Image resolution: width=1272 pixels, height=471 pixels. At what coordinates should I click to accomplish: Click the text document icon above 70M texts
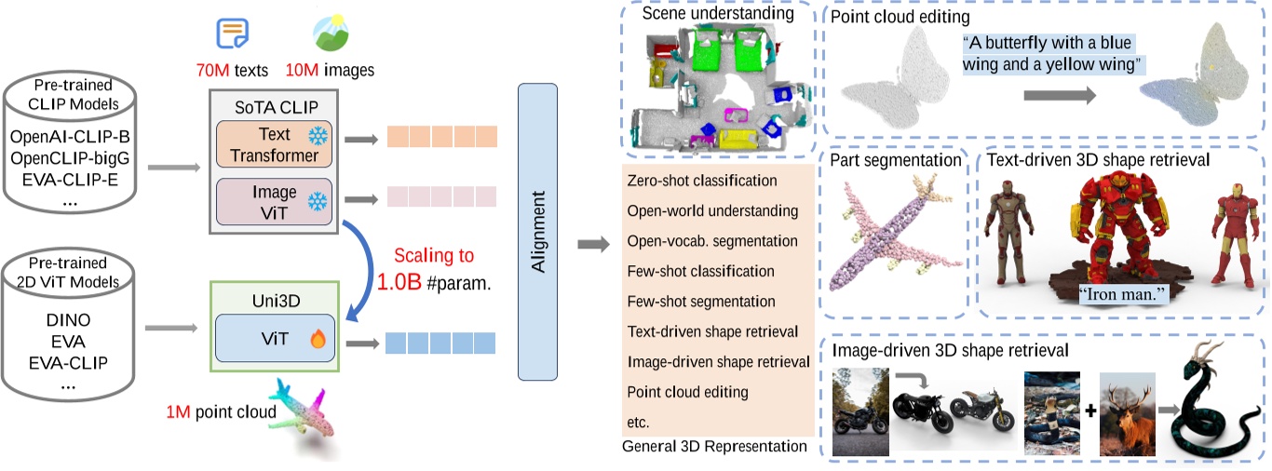pyautogui.click(x=232, y=34)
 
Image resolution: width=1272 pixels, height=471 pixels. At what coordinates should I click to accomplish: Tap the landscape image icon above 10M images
pyautogui.click(x=332, y=34)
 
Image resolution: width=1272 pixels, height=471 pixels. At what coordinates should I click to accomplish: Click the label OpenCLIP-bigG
pyautogui.click(x=70, y=157)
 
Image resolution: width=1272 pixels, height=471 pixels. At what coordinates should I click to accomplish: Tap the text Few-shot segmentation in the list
pyautogui.click(x=701, y=302)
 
